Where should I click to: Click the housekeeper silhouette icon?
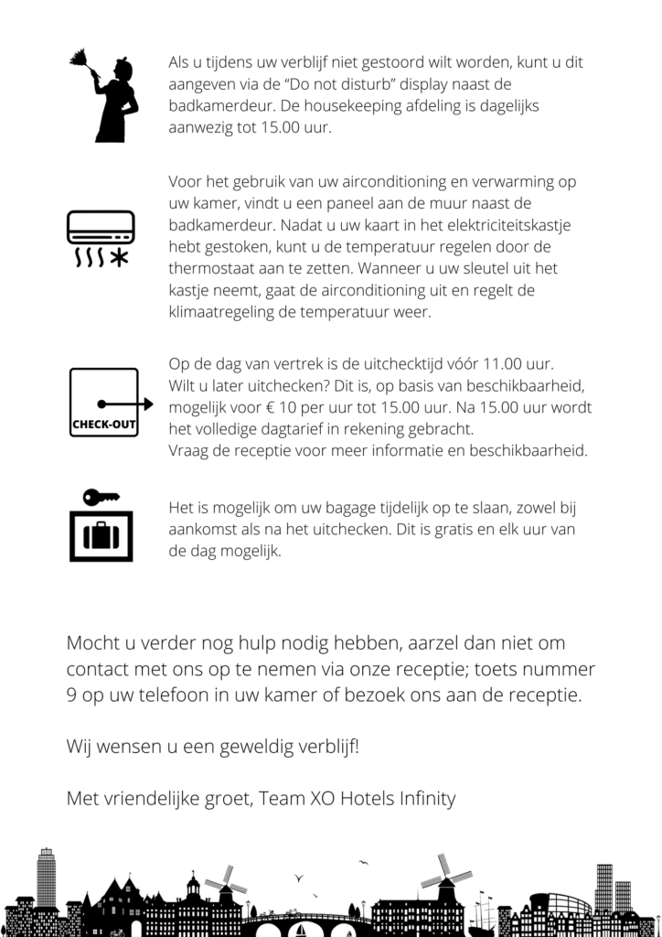(110, 99)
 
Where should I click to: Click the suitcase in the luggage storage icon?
(101, 534)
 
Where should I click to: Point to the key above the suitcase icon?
(100, 497)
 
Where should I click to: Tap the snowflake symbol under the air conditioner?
(119, 257)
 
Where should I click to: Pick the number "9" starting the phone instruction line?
(71, 695)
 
